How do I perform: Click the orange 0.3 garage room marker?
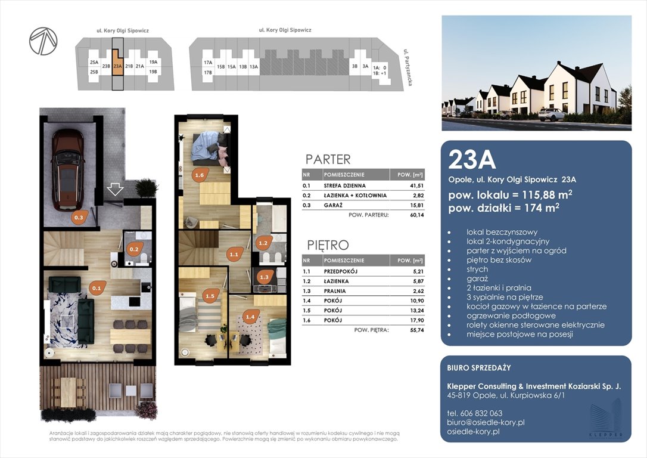[x=79, y=216]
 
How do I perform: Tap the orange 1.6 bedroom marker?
[x=200, y=175]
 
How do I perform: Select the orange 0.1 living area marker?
[x=97, y=288]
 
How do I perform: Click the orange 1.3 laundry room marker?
[x=264, y=277]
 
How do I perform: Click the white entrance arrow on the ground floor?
[x=115, y=190]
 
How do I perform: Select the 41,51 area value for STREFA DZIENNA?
[x=417, y=186]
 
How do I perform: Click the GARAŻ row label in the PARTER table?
[x=333, y=205]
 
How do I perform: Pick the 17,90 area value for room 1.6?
[x=417, y=320]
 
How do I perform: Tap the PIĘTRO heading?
[x=328, y=245]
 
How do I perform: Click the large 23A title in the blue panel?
[x=472, y=160]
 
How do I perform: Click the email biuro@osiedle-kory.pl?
[x=486, y=422]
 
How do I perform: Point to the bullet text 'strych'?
[x=477, y=270]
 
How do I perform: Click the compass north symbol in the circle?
[x=43, y=41]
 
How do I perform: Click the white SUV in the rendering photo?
[x=552, y=115]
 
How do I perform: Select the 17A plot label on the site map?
[x=207, y=63]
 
